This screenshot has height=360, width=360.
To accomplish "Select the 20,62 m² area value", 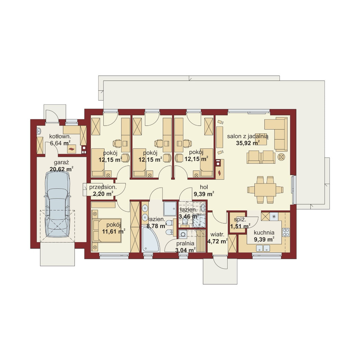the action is (61, 169).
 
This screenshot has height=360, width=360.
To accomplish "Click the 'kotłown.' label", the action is (60, 137).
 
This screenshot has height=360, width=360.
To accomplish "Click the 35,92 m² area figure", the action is (248, 143).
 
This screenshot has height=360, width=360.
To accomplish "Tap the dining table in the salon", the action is (265, 190).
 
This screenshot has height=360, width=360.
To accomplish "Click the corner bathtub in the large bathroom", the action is (151, 239).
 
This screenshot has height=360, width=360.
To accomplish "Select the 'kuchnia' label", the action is (264, 233).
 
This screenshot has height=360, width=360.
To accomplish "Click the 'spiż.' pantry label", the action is (240, 220).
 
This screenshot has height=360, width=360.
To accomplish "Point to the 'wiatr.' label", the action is (217, 235).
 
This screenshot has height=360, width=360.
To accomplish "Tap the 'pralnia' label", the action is (185, 243).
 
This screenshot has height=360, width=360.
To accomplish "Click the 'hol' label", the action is (204, 187).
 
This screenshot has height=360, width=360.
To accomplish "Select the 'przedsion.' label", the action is (103, 187).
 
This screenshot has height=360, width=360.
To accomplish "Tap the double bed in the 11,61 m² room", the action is (107, 230).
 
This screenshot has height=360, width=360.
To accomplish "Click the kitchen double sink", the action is (263, 248).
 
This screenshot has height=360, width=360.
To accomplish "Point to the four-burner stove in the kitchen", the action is (286, 232).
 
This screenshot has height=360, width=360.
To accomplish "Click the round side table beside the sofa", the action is (281, 157).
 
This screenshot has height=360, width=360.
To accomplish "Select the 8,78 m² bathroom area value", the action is (157, 226).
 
